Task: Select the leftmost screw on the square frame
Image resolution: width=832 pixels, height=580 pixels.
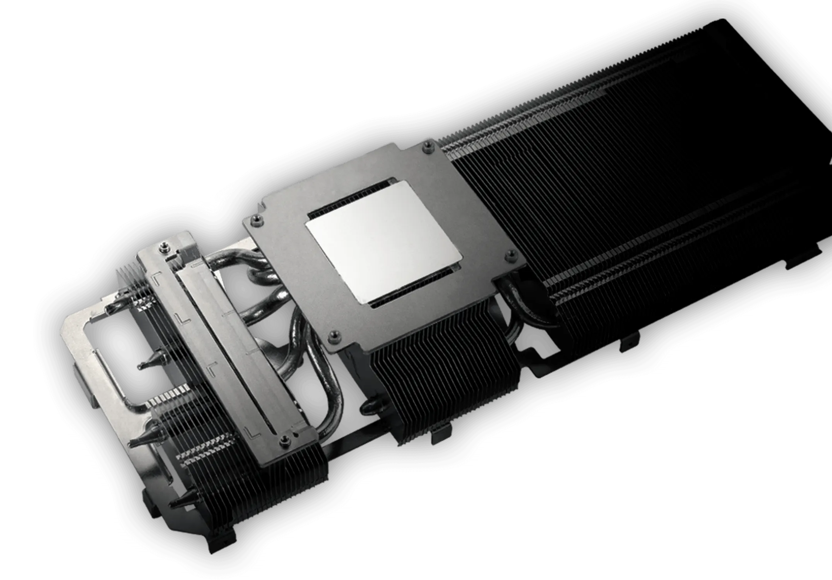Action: (x=255, y=220)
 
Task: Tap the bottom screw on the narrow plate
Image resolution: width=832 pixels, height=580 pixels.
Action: (x=285, y=438)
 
